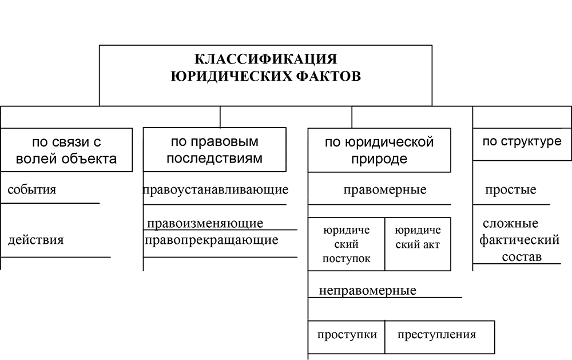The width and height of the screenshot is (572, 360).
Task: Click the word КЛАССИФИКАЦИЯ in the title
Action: point(265,59)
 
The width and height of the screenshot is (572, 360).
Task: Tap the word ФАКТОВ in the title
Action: point(328,76)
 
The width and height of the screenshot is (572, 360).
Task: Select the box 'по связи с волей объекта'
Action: point(66,150)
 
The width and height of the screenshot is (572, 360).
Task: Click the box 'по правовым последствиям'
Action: point(214,149)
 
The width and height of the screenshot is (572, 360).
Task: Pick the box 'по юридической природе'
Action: point(379,150)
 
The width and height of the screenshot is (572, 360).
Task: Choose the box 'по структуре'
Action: point(522,144)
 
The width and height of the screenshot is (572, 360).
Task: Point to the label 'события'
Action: point(31,190)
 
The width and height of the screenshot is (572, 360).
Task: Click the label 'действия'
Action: point(35,240)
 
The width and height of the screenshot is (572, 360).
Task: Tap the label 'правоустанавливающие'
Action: point(215,190)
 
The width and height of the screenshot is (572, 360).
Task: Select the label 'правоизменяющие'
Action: point(205,223)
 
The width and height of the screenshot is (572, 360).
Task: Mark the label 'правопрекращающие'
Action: point(212,240)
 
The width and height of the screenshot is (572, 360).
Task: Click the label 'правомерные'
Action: point(385,190)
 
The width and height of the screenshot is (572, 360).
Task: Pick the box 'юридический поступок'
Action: point(346,244)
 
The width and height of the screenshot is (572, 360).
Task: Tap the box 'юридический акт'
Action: point(418,244)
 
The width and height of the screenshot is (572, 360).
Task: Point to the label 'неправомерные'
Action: point(368,291)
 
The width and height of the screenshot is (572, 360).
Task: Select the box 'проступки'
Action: point(346,337)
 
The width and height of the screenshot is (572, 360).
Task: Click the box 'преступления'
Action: point(439,337)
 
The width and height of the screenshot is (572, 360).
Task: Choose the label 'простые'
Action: point(511,190)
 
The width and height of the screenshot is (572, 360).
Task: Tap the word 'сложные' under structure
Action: point(510,223)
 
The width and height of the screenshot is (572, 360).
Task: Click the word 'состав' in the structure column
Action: point(522,257)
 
